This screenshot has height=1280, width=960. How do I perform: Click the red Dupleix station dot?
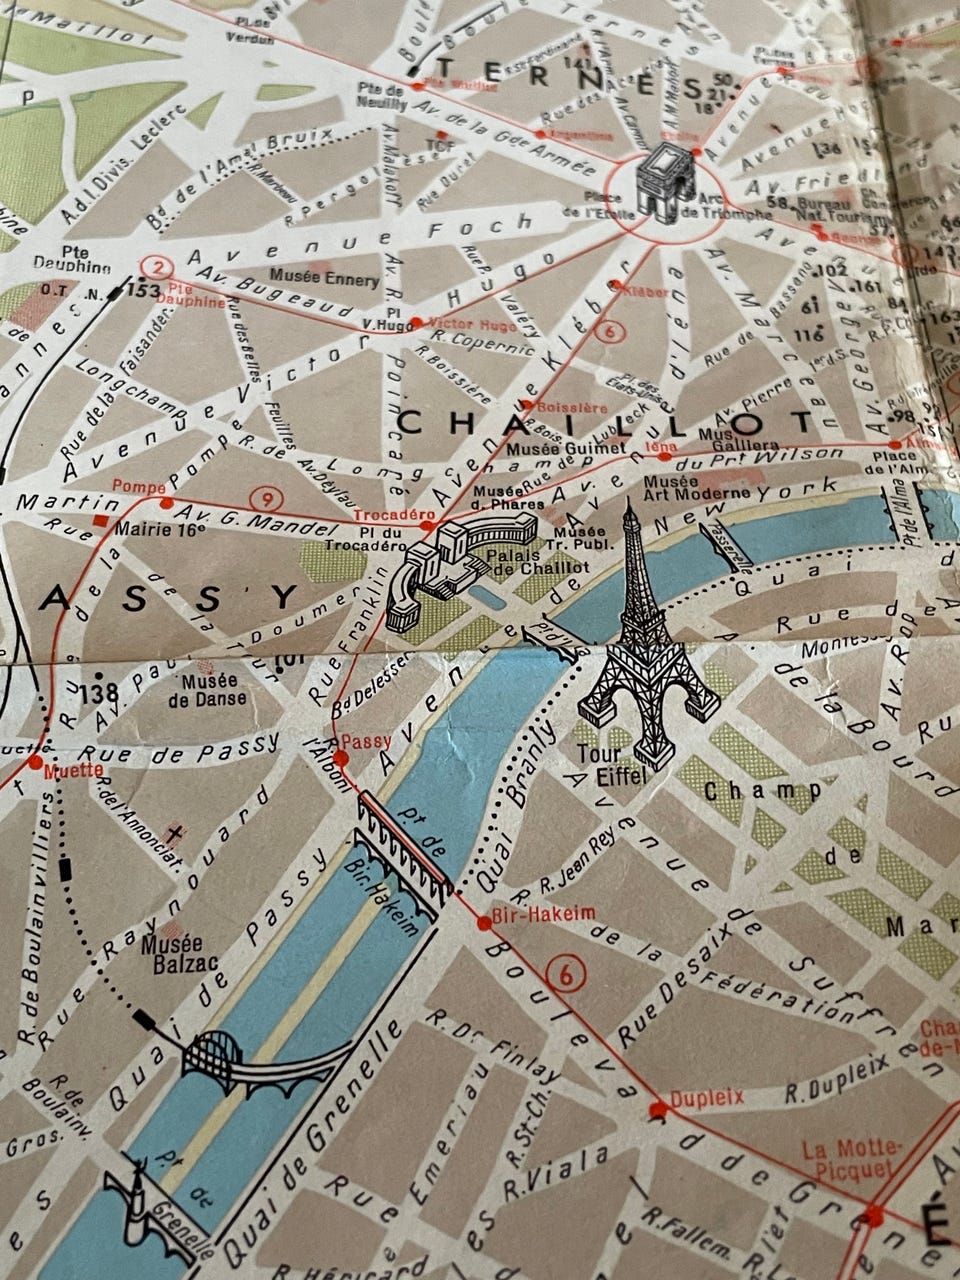click(657, 1109)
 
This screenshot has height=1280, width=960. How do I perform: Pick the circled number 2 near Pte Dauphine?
click(154, 267)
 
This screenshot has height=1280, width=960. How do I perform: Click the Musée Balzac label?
click(173, 953)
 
